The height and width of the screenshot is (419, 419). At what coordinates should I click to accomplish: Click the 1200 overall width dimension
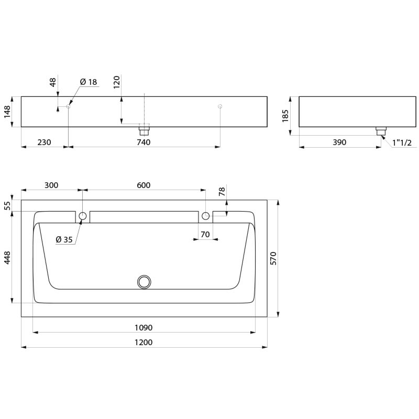coord(144,342)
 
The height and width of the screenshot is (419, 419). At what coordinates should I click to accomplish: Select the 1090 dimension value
coord(144,327)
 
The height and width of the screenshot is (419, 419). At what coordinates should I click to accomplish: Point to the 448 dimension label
coord(7,257)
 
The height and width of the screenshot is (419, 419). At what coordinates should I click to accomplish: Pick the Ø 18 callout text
coord(89,82)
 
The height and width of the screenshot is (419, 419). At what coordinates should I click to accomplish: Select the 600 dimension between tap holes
coord(144,185)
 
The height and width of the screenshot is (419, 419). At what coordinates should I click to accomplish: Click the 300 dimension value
coord(51,185)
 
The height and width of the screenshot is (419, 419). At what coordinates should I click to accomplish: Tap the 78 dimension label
coord(222,193)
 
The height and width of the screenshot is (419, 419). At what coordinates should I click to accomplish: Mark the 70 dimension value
coord(205,235)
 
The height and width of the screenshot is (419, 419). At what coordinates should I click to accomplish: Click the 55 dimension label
coord(7,205)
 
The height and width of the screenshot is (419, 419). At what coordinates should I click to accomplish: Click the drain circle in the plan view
coord(144,282)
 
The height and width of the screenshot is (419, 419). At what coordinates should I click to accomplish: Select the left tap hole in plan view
coord(83,216)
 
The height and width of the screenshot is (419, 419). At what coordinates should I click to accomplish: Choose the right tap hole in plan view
coord(206,216)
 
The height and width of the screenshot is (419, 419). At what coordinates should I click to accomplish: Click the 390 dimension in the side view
coord(339,142)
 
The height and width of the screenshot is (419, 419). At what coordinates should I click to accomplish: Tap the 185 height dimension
coord(285,115)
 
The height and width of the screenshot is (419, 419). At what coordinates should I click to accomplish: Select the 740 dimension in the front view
coord(144,142)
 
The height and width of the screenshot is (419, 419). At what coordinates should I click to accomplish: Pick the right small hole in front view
coord(220,106)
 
